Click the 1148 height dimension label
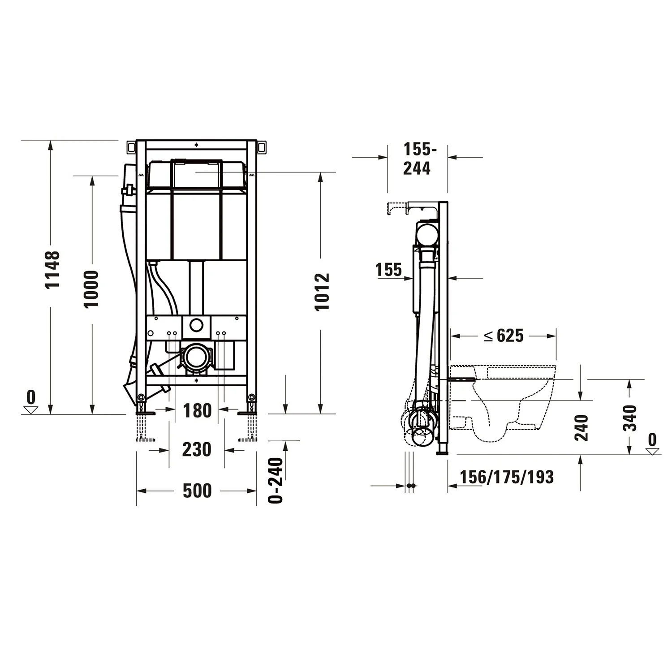tap(52, 269)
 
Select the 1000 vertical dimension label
tap(91, 289)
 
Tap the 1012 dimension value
tap(322, 291)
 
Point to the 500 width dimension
tap(197, 491)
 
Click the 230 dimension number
tap(197, 449)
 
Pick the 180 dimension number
tap(197, 410)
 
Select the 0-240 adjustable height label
tap(276, 480)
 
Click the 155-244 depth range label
tap(417, 159)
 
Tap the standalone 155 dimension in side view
tap(388, 270)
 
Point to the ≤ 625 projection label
tap(503, 335)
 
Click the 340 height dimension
tap(630, 418)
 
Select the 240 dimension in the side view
tap(581, 427)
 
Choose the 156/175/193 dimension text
tap(507, 477)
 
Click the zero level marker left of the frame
tap(31, 402)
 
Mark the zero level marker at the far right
tap(652, 444)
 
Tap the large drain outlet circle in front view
tap(196, 357)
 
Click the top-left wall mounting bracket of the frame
tap(131, 147)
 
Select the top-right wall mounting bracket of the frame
tap(262, 147)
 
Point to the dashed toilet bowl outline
tap(506, 403)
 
